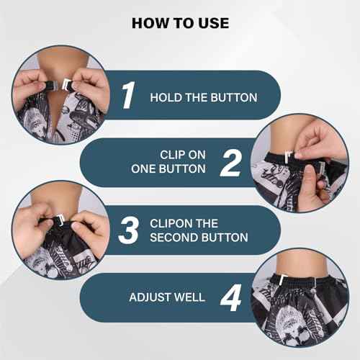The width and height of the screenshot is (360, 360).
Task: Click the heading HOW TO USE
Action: pos(180,22)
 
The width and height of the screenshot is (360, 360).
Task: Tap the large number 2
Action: pos(230,163)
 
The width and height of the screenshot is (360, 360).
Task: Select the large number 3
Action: pos(127,230)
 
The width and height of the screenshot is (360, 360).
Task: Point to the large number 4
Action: pos(230,297)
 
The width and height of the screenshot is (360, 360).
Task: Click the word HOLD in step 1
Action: pos(166,96)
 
